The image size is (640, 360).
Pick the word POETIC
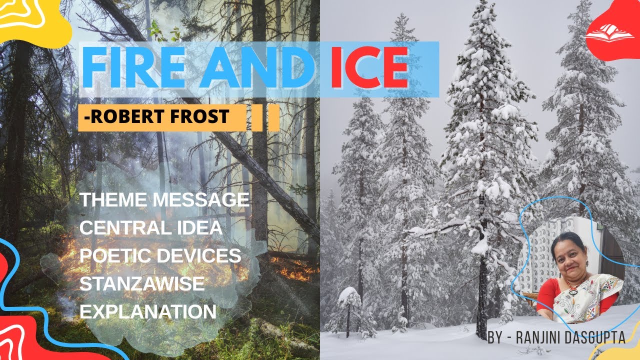(115, 256)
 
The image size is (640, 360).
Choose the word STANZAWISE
(142, 284)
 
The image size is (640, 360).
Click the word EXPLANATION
(148, 312)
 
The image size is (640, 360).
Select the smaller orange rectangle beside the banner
(273, 118)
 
